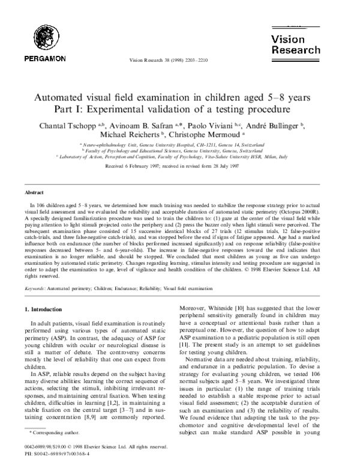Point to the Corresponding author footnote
point(50,432)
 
